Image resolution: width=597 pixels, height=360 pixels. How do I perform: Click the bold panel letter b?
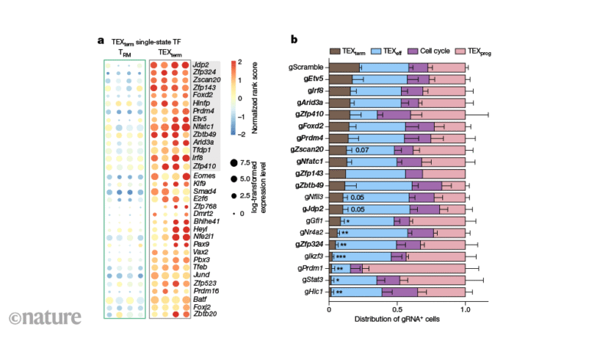[294, 39]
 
